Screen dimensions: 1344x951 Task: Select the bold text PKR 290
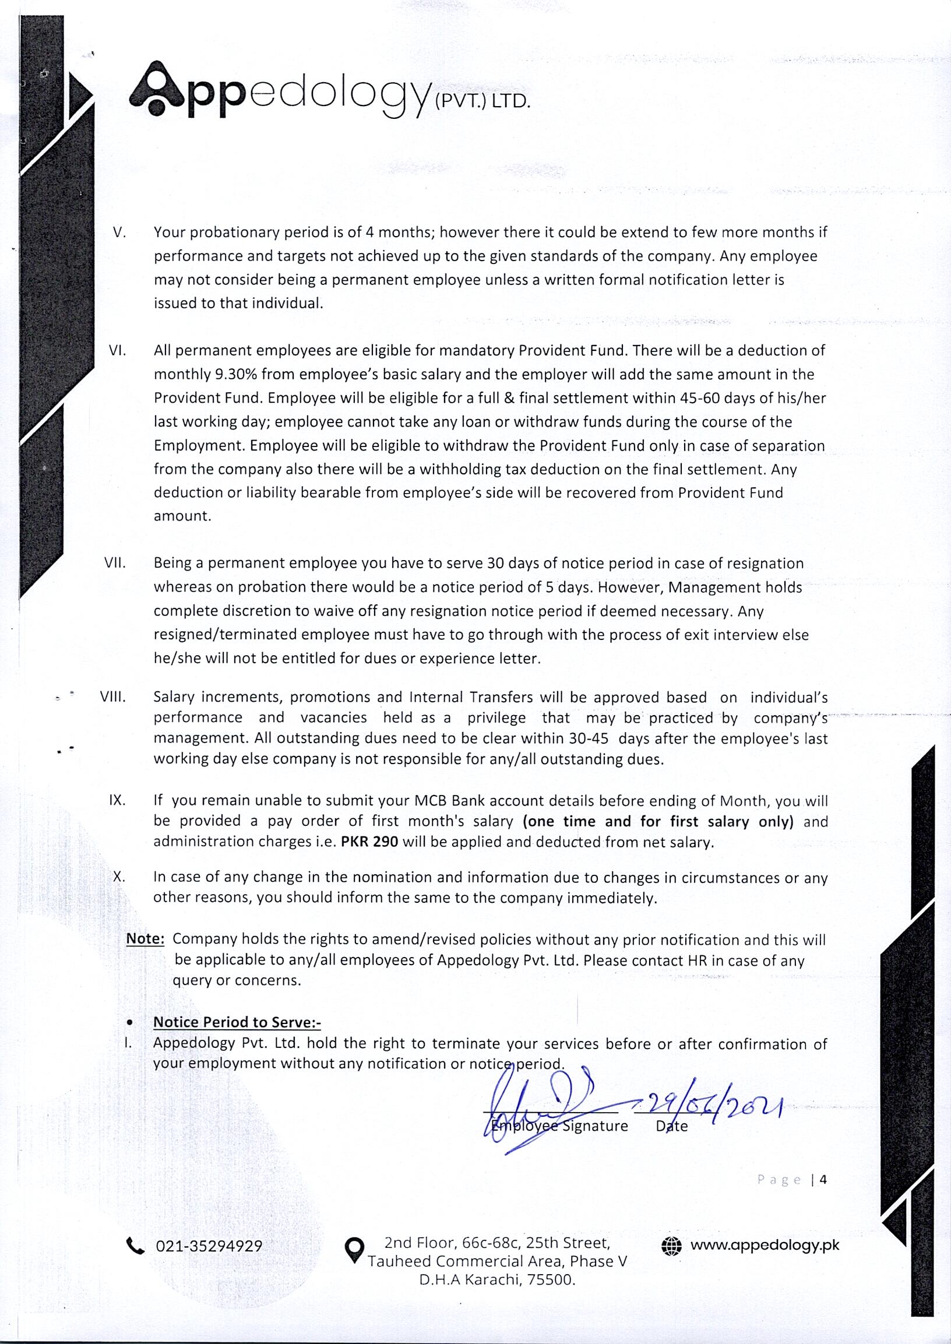(369, 842)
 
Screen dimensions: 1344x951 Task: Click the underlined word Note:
(145, 939)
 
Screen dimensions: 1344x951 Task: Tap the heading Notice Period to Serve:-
(237, 1022)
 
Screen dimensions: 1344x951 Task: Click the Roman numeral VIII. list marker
(113, 698)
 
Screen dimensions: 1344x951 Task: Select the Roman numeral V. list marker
(119, 233)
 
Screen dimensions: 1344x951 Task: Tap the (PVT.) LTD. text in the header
(482, 102)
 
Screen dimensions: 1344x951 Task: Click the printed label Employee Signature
(560, 1125)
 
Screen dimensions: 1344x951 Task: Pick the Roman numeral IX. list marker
(117, 801)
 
